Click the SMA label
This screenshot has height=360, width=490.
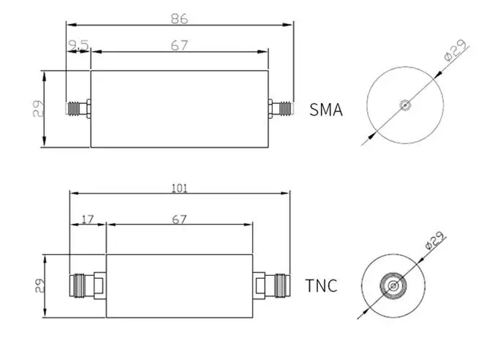326,110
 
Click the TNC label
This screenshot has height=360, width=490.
321,285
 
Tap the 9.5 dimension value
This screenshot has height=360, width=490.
78,45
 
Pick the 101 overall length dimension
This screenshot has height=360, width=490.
179,188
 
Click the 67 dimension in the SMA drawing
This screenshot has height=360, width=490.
179,45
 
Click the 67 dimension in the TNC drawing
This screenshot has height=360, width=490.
179,218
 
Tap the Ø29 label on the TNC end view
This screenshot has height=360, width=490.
434,241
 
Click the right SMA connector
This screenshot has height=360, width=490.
280,110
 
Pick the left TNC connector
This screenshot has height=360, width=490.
86,285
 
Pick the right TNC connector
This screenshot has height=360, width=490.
271,285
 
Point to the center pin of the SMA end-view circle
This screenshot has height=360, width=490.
404,104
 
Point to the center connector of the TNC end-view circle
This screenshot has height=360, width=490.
393,285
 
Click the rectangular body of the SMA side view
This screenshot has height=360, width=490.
179,110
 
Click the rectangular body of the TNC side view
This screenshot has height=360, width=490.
179,285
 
